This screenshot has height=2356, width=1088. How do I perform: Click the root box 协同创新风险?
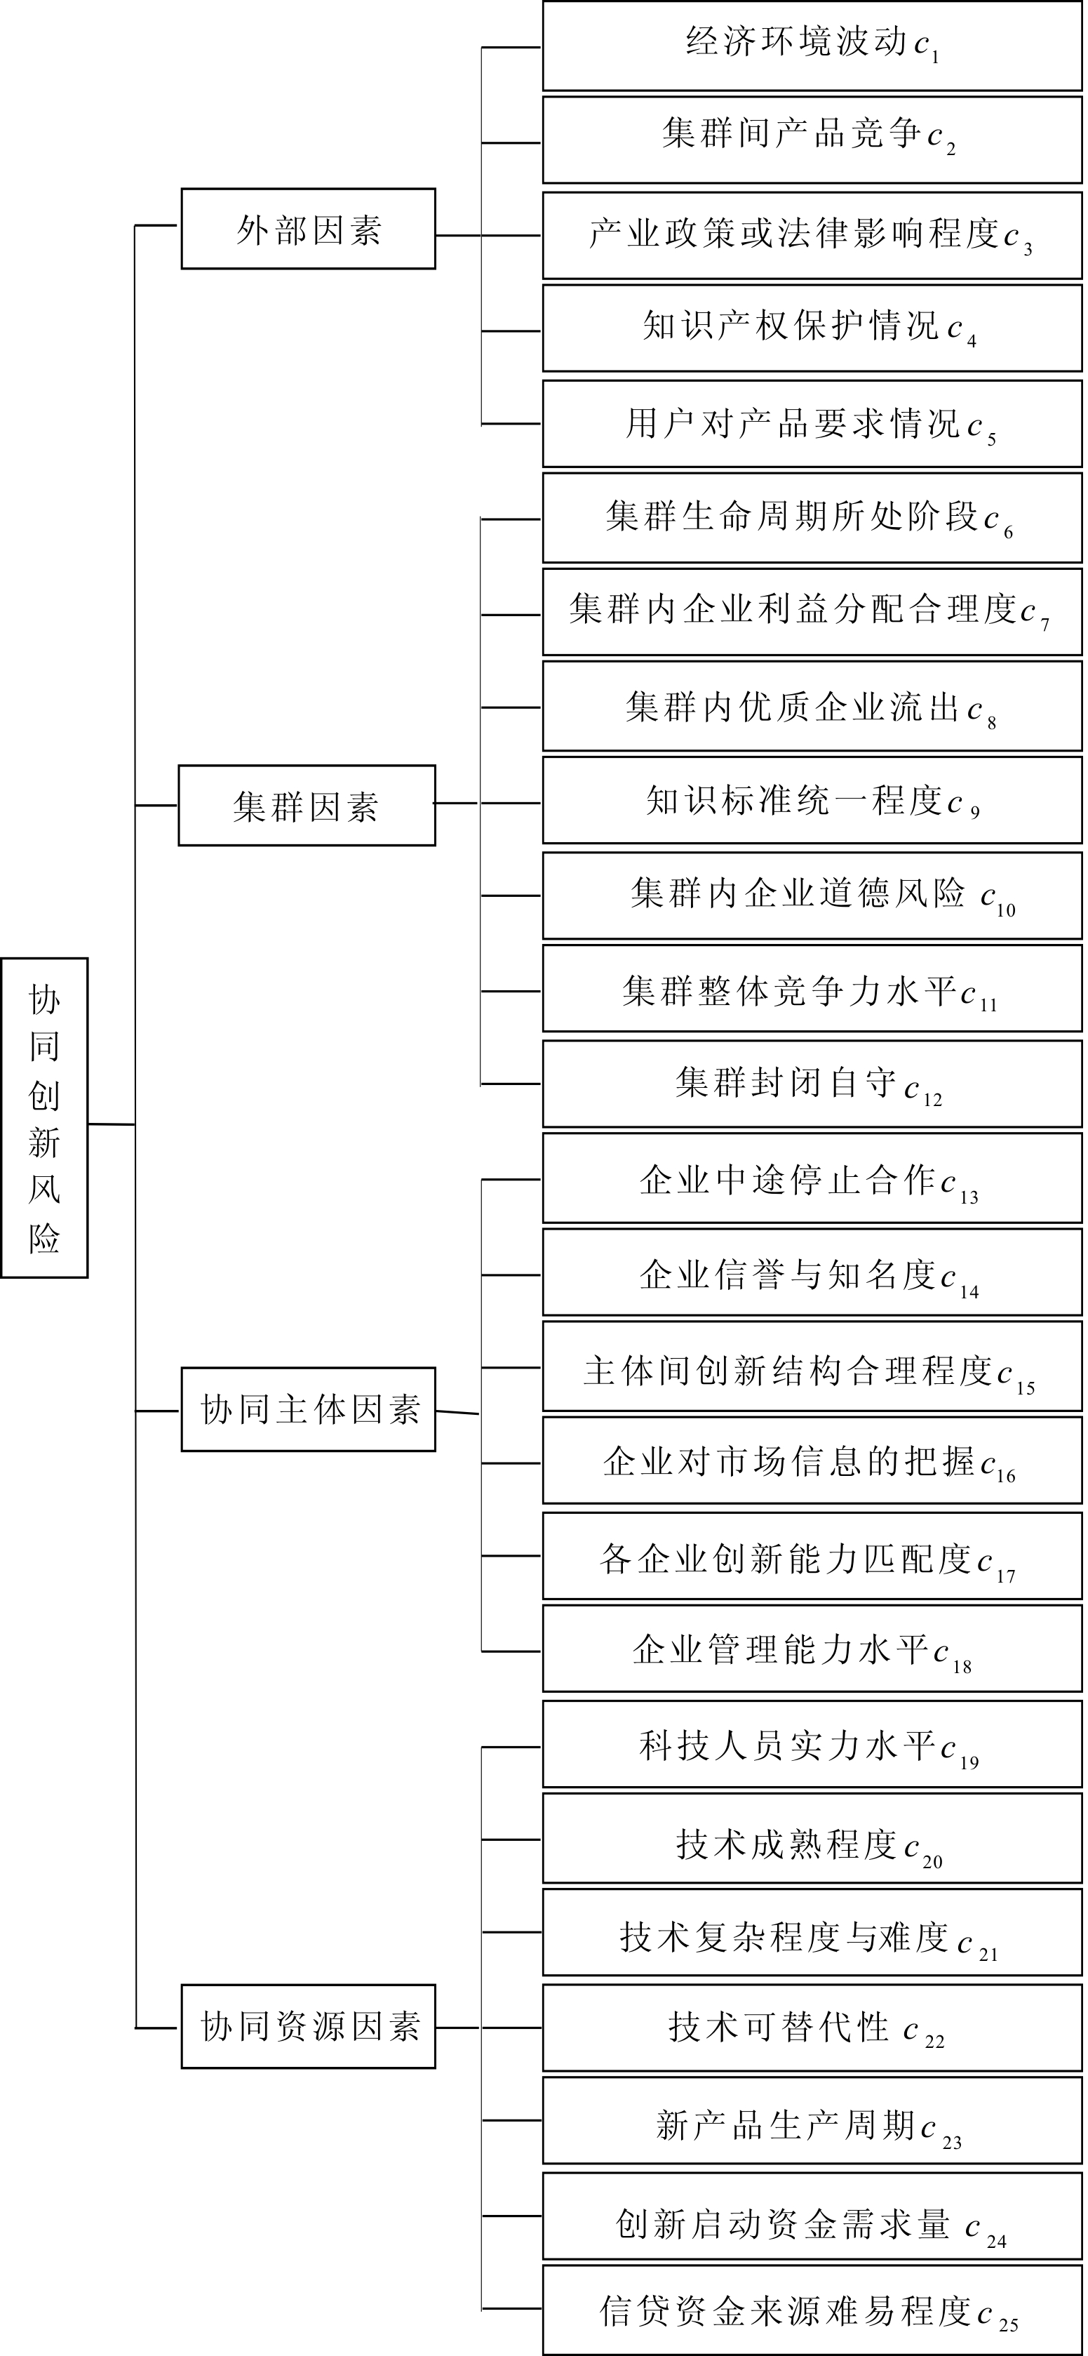pyautogui.click(x=45, y=1117)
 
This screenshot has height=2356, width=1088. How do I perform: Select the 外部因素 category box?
pyautogui.click(x=308, y=229)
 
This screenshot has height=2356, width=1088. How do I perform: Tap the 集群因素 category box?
pyautogui.click(x=307, y=806)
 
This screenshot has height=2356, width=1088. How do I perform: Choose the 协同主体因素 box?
pyautogui.click(x=308, y=1409)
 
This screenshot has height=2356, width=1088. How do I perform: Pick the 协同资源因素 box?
pyautogui.click(x=308, y=2027)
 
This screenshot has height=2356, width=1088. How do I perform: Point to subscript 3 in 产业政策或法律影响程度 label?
pyautogui.click(x=1028, y=248)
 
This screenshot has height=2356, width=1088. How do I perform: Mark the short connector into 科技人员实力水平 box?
pyautogui.click(x=511, y=1747)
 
